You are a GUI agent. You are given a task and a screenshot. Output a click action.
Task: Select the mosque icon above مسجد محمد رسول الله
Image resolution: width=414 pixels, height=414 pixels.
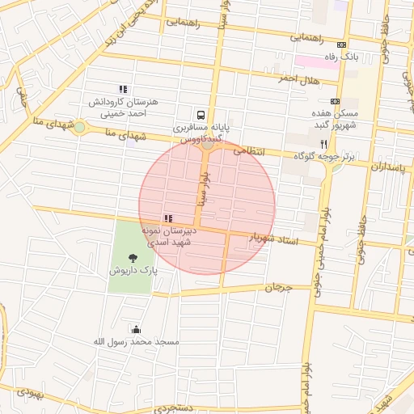(136, 329)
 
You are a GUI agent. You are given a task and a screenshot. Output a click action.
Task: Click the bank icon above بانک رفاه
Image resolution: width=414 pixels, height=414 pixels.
(341, 45)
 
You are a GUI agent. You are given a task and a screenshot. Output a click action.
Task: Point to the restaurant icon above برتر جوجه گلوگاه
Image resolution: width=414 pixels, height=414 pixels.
(323, 142)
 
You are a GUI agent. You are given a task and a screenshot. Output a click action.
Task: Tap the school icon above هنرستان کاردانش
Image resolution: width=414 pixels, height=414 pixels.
(122, 89)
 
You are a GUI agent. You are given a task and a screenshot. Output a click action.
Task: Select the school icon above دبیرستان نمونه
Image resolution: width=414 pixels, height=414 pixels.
(167, 218)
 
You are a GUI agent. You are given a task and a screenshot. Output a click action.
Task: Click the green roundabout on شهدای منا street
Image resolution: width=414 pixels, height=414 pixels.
(79, 127)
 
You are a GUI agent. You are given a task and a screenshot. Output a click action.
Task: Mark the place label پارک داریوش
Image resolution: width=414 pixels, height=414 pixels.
(133, 270)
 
